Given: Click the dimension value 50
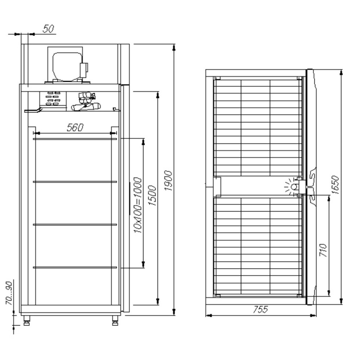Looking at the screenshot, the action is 48,29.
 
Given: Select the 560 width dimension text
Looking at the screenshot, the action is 75,127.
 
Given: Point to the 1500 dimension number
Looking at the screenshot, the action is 152,195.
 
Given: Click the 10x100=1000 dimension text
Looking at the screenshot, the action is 137,205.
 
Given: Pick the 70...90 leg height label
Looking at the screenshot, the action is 9,293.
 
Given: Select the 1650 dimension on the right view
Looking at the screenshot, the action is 335,185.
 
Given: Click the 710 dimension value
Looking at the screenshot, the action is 323,250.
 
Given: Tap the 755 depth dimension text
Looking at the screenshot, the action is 261,309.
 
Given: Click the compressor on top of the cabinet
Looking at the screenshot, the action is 68,66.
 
